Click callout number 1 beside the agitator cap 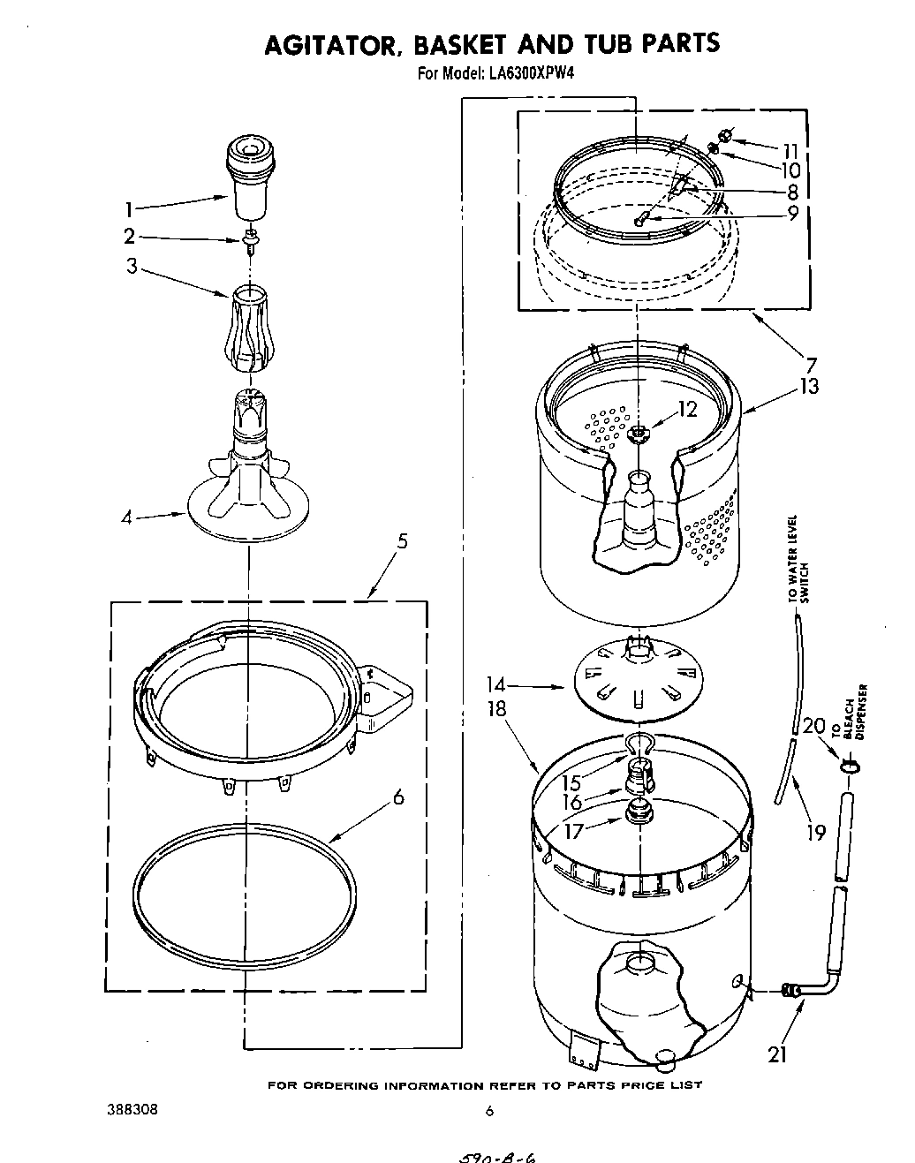[x=129, y=209]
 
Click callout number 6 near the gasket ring [x=398, y=797]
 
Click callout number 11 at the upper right [x=790, y=149]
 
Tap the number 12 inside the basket [x=686, y=410]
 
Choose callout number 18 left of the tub [x=498, y=708]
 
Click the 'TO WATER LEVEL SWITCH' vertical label [x=798, y=560]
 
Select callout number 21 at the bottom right [x=777, y=1054]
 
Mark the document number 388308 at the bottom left [x=132, y=1110]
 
